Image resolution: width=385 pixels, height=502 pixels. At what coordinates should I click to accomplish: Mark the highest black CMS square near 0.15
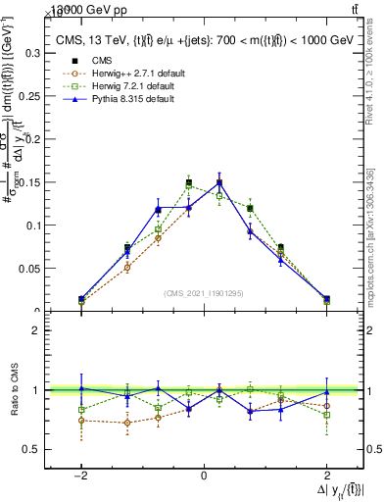[x=219, y=182]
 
